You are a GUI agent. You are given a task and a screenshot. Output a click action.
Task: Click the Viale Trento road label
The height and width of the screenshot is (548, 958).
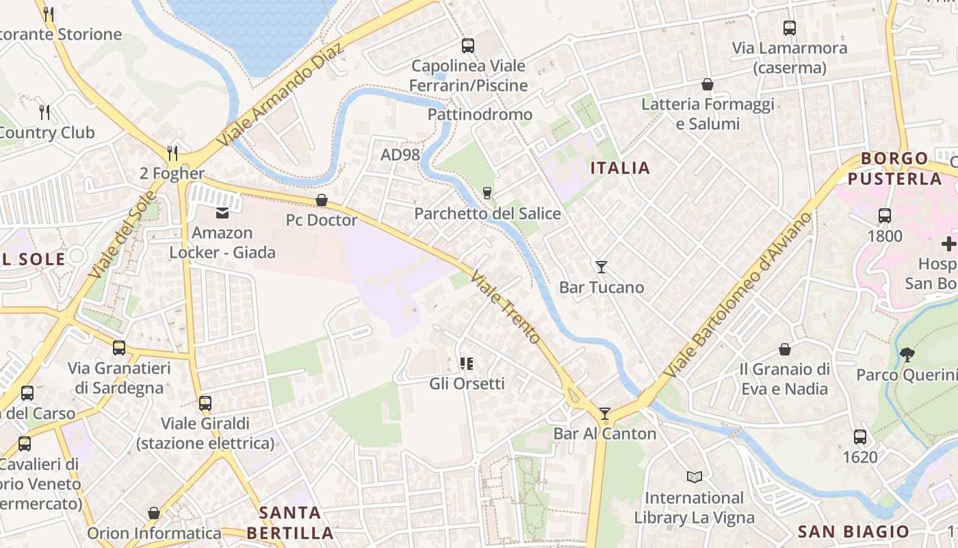(x=506, y=309)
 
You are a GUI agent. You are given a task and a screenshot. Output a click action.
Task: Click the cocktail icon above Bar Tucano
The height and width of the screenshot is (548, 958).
(x=601, y=266)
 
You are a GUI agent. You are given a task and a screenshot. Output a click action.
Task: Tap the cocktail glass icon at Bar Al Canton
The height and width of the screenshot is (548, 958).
(x=605, y=413)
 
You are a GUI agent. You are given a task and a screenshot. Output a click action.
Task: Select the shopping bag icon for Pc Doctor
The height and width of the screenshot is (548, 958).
(x=322, y=200)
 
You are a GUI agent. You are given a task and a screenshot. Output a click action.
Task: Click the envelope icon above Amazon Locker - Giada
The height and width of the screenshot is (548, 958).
(x=223, y=212)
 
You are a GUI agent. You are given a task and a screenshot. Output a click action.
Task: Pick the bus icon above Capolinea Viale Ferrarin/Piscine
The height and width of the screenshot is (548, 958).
(x=468, y=46)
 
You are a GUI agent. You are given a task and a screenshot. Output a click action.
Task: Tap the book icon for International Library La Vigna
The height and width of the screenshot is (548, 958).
(x=695, y=477)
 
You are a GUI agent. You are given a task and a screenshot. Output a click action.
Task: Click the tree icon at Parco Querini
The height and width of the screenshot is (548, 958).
(x=907, y=354)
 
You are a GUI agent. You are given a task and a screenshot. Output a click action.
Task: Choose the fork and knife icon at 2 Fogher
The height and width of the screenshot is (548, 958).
(x=172, y=153)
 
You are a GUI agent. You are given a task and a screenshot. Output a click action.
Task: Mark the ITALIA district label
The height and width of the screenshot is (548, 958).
(x=620, y=168)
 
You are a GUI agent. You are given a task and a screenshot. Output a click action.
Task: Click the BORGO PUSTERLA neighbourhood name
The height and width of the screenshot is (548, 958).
(x=895, y=169)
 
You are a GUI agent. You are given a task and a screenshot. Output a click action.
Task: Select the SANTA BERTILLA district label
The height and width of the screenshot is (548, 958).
(x=290, y=523)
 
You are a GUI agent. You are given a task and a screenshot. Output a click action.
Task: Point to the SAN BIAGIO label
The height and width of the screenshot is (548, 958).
(x=854, y=532)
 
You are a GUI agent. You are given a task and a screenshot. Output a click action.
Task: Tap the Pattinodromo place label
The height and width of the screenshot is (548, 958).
(x=480, y=114)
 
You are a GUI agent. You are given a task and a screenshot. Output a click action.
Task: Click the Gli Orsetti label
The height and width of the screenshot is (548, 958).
(x=467, y=384)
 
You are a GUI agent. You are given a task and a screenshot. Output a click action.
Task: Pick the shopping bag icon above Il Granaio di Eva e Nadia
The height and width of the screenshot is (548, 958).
(x=785, y=349)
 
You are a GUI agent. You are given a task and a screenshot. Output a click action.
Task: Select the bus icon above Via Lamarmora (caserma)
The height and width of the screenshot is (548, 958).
(x=790, y=28)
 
